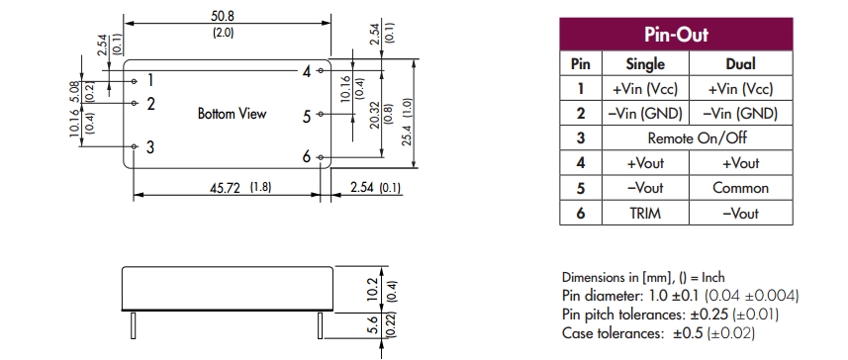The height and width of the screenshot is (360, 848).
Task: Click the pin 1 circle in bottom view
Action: click(135, 81)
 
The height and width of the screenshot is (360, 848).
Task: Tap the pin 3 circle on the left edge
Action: click(135, 146)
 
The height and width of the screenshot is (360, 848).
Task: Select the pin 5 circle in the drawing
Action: click(321, 114)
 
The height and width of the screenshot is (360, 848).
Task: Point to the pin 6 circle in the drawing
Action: click(321, 157)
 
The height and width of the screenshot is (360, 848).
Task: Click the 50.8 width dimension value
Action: click(223, 16)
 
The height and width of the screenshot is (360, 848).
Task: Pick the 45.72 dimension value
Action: click(226, 188)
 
